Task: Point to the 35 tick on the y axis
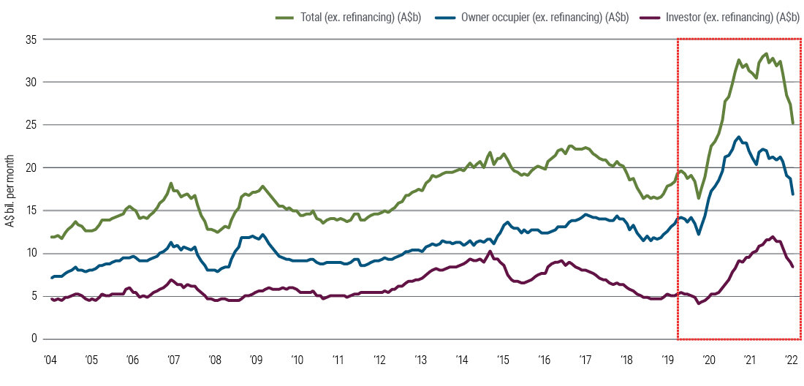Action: (x=30, y=39)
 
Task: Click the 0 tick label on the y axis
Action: (x=33, y=339)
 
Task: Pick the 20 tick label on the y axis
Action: (x=30, y=167)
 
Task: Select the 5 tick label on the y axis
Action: (x=33, y=296)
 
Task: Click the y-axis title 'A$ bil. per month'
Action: (x=12, y=189)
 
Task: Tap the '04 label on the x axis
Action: (x=50, y=360)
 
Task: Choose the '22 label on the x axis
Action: (x=791, y=360)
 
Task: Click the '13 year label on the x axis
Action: (x=420, y=360)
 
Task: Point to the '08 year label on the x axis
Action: (x=214, y=360)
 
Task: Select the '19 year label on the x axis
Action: (x=667, y=360)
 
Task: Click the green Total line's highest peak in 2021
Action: (x=765, y=53)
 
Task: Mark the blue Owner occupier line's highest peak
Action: (x=739, y=137)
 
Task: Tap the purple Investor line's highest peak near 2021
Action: (x=773, y=237)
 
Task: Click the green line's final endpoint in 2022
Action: (x=793, y=124)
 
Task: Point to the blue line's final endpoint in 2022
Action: (x=793, y=194)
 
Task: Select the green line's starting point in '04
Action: (x=51, y=237)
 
